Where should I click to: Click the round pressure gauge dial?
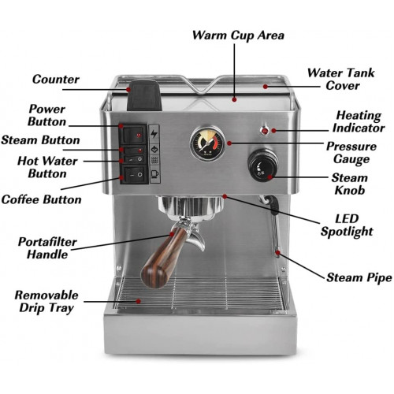(208, 143)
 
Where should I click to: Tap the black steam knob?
(263, 165)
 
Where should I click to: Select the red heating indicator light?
(265, 131)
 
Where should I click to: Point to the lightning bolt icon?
(154, 134)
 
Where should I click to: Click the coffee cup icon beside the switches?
(154, 174)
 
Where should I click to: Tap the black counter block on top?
(144, 95)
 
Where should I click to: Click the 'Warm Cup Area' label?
(238, 35)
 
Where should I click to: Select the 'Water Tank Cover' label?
(341, 80)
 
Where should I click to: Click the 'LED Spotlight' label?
(347, 225)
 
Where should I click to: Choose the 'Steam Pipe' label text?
(359, 277)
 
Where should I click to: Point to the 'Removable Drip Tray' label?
(46, 302)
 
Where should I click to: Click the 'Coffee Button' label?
(41, 199)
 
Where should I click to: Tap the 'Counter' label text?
(56, 80)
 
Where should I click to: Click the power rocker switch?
(134, 136)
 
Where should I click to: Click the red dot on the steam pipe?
(277, 253)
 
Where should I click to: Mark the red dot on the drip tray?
(138, 301)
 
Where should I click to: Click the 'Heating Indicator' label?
(359, 121)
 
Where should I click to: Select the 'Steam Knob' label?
(349, 184)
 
